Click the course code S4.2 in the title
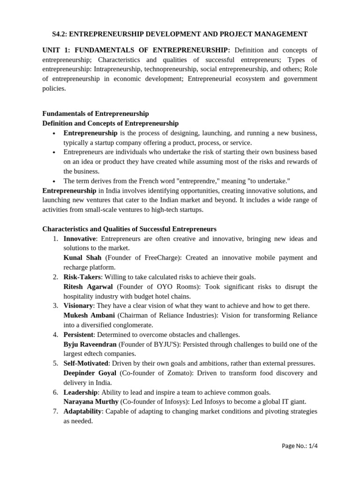[x=59, y=34]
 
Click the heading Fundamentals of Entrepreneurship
[x=96, y=114]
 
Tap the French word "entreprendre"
[x=172, y=181]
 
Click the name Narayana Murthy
[x=91, y=402]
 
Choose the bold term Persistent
[x=79, y=335]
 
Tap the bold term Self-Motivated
[x=86, y=363]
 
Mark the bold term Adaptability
[x=82, y=412]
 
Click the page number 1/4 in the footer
[x=312, y=446]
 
